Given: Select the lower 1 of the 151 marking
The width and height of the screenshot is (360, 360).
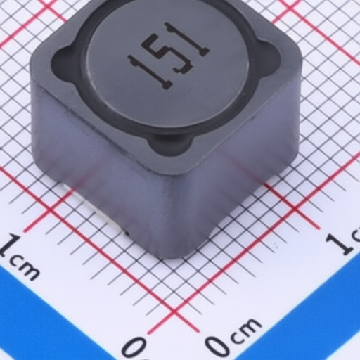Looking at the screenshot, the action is point(150,72).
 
